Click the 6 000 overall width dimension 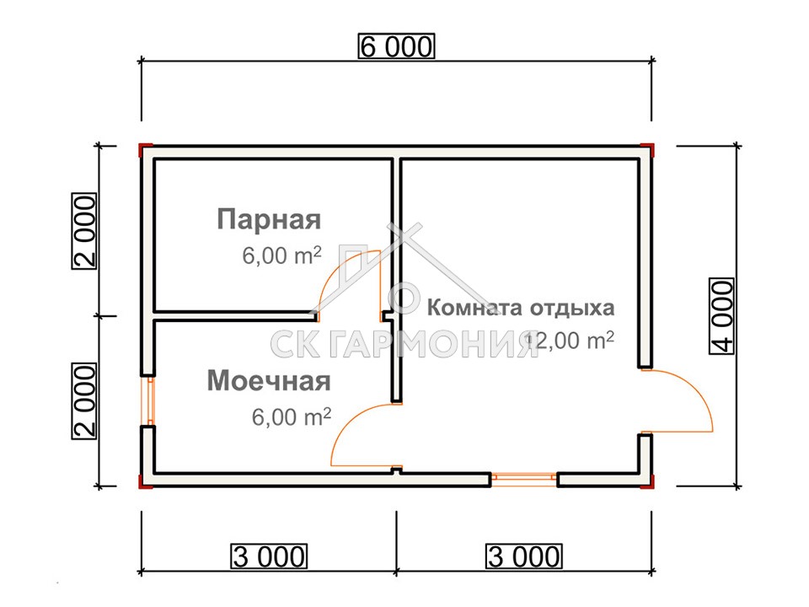point(396,46)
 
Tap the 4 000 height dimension point(722,316)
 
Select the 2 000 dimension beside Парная point(84,231)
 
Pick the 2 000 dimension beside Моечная point(84,401)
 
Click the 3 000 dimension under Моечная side point(269,556)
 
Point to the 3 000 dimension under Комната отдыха point(523,556)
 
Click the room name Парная point(269,219)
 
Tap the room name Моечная point(269,381)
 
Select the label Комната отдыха point(521,308)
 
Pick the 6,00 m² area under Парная point(281,255)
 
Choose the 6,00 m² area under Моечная point(292,416)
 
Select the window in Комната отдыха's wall point(523,479)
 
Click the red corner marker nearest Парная point(144,150)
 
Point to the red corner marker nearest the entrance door point(649,481)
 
